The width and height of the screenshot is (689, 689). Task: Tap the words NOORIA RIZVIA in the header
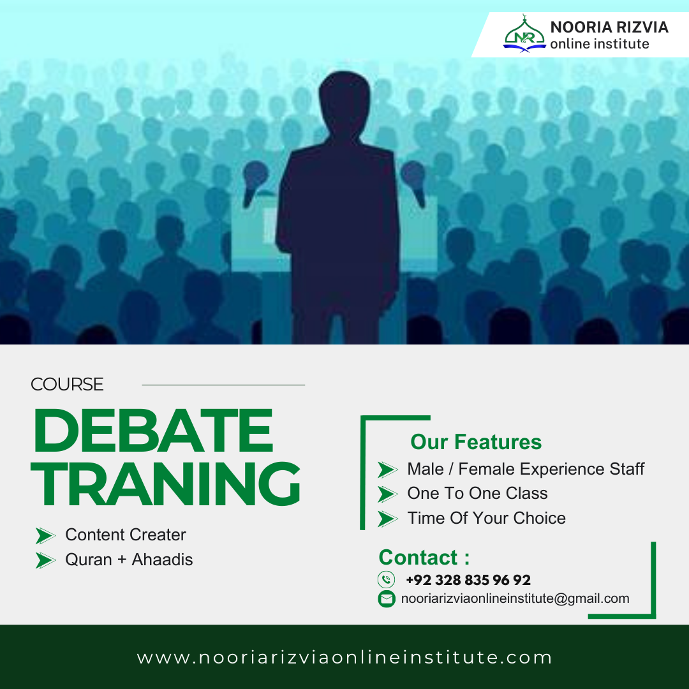tap(609, 27)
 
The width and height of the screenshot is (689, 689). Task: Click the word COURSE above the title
tap(67, 385)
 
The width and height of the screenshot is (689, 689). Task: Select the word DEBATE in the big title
tap(153, 431)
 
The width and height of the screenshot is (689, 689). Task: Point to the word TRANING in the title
tap(166, 485)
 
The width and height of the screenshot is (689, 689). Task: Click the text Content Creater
tap(126, 535)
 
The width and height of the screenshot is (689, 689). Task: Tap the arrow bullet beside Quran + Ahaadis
tap(45, 560)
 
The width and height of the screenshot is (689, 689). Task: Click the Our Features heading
tap(476, 442)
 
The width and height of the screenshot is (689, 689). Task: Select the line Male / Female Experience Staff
tap(526, 470)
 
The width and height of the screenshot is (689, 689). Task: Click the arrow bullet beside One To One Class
tap(387, 494)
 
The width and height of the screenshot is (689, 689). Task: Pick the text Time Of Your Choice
tap(486, 518)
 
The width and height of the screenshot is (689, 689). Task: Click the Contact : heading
tap(424, 557)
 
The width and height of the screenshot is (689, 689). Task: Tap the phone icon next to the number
tap(386, 580)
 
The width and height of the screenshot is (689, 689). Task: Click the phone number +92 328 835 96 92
tap(468, 580)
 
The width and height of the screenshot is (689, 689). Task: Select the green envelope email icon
tap(386, 598)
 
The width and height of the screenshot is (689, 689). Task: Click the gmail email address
tap(515, 598)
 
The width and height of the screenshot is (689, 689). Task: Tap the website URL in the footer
tap(344, 658)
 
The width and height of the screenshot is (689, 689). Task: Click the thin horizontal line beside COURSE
tap(223, 385)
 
